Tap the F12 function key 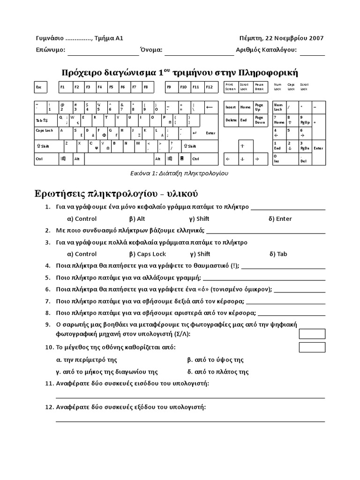pos(209,87)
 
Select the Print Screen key pos(231,87)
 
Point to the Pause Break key pos(260,87)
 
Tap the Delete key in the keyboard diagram pos(231,120)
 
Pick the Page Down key pos(260,120)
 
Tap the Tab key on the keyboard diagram pos(45,120)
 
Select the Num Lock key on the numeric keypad pos(279,107)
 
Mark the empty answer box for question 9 pos(312,333)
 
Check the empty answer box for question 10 pos(312,347)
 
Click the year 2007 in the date pos(315,38)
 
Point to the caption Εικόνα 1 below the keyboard pos(179,173)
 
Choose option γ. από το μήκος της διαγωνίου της pos(107,372)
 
